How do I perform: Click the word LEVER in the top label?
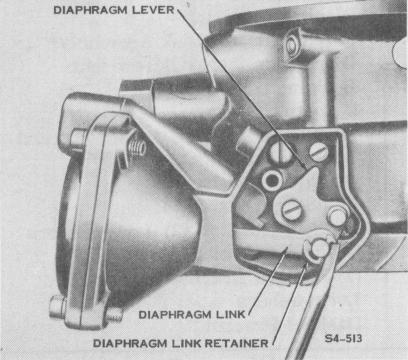[x=153, y=10]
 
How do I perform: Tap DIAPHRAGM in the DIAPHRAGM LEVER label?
[x=91, y=10]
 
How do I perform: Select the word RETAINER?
[x=236, y=343]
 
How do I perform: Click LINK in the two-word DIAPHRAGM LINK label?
[x=231, y=314]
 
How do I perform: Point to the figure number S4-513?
[x=343, y=339]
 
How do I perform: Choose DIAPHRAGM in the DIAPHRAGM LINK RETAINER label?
[x=130, y=343]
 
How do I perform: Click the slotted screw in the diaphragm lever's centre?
[x=291, y=210]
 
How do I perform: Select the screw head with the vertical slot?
[x=280, y=152]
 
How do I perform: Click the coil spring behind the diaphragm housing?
[x=137, y=148]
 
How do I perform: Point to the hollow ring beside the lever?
[x=273, y=180]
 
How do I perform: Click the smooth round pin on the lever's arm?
[x=337, y=216]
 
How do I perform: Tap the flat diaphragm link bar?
[x=267, y=241]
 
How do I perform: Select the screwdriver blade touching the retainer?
[x=313, y=300]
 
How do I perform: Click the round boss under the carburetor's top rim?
[x=292, y=46]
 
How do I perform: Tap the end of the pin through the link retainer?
[x=319, y=248]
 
